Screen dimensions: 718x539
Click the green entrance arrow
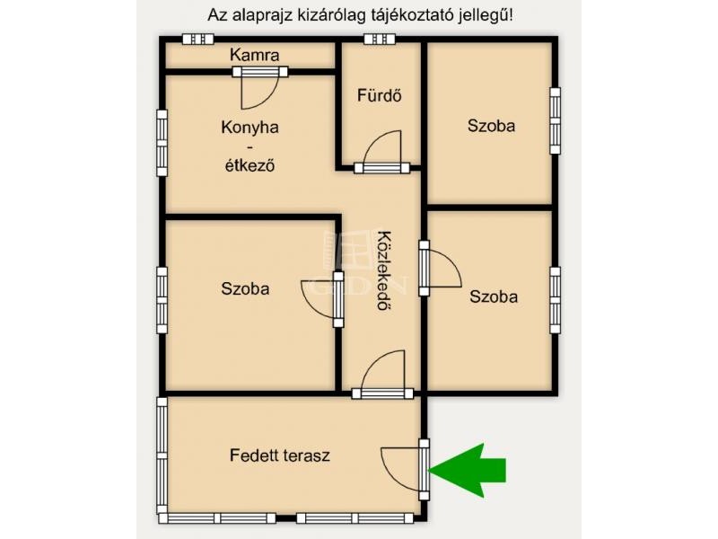click(x=468, y=470)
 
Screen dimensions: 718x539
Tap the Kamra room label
click(x=255, y=55)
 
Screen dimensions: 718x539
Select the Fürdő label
click(x=380, y=95)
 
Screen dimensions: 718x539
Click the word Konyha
click(x=250, y=127)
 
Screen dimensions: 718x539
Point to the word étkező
click(x=250, y=165)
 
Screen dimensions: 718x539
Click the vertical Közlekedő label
click(x=385, y=271)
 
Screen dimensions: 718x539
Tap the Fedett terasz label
click(x=280, y=455)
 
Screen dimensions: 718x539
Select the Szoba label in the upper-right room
click(x=491, y=126)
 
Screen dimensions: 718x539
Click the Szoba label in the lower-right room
click(x=494, y=296)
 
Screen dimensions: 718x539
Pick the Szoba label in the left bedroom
click(x=245, y=288)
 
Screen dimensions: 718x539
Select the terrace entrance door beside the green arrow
click(x=406, y=469)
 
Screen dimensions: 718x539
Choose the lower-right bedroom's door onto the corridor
click(x=440, y=268)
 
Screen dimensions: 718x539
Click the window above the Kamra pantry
click(x=198, y=39)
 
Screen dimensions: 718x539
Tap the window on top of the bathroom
click(x=380, y=39)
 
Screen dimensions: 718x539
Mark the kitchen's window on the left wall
click(x=162, y=143)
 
